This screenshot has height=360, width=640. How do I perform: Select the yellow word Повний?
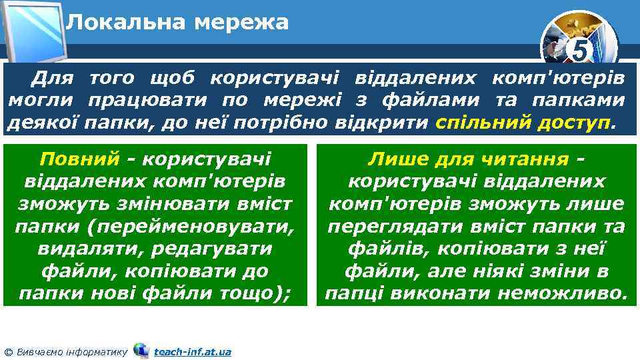point(79,159)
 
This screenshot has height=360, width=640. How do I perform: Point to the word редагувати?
point(218,249)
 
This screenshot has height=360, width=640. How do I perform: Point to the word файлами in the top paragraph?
point(426,101)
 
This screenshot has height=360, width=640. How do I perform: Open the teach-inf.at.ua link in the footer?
point(192,351)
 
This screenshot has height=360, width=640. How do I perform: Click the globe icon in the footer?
point(141,350)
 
